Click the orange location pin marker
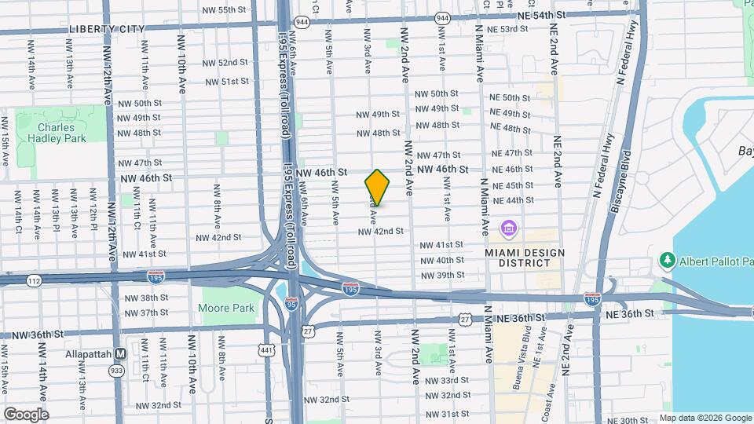(377, 187)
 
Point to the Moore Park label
(228, 308)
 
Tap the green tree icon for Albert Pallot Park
(668, 260)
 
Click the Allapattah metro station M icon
(121, 355)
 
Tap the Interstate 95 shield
(291, 305)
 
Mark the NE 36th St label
(629, 314)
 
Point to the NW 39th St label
(442, 275)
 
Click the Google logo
(26, 414)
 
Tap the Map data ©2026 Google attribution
(705, 418)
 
